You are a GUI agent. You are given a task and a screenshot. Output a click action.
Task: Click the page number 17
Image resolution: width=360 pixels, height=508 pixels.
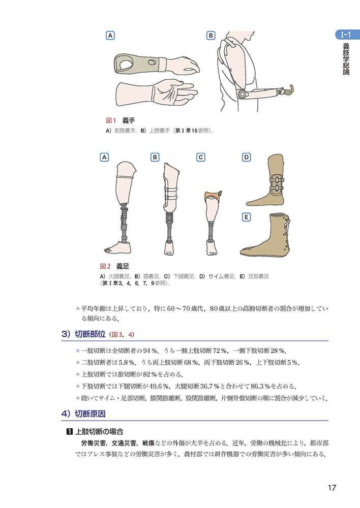(332, 487)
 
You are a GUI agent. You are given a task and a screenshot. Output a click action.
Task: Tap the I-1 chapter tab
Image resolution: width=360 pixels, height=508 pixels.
(347, 35)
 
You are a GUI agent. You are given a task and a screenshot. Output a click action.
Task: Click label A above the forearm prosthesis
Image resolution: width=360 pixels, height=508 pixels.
(110, 36)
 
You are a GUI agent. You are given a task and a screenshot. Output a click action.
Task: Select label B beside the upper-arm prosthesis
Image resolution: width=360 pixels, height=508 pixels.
(211, 36)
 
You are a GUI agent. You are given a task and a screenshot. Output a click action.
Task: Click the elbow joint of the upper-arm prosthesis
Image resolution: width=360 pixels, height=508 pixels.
(242, 94)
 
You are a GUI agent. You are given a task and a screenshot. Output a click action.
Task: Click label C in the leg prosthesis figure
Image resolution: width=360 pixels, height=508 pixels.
(201, 157)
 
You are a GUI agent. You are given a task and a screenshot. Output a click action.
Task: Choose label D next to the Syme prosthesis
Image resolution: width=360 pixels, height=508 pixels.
(247, 157)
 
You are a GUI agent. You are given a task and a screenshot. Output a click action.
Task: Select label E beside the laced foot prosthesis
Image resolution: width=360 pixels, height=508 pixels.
(247, 217)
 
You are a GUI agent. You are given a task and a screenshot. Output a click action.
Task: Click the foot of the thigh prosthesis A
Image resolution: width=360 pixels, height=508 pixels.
(118, 247)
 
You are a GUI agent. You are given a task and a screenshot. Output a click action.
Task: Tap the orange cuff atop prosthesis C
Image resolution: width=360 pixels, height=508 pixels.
(213, 196)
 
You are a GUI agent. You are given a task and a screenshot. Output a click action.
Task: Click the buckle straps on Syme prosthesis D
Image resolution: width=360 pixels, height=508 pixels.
(276, 184)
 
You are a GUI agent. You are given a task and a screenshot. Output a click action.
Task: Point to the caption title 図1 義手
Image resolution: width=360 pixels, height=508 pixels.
(121, 120)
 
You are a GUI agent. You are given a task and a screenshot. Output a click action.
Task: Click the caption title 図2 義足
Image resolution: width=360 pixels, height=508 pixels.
(114, 266)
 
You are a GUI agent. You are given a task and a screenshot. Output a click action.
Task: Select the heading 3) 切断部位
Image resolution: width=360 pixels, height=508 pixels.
(83, 334)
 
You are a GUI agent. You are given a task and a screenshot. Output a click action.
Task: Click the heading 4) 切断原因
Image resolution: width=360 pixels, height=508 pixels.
(83, 414)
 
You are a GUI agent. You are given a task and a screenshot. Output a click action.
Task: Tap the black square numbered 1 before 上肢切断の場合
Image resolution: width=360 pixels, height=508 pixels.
(69, 431)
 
